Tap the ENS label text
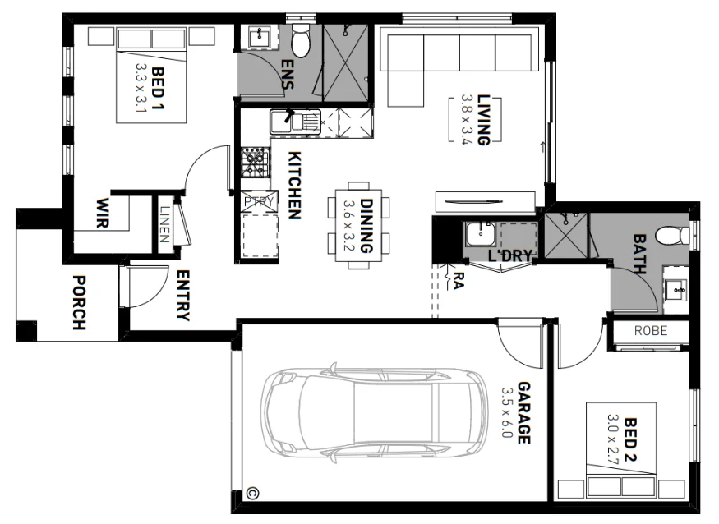pos(288,76)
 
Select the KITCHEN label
pos(293,186)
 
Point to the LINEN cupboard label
pos(165,223)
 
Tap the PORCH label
pos(79,302)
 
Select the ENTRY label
pos(182,296)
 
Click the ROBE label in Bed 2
pos(650,331)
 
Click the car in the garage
pos(374,415)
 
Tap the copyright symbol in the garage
pos(252,494)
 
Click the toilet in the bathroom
pos(679,236)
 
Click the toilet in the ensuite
pos(301,42)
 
